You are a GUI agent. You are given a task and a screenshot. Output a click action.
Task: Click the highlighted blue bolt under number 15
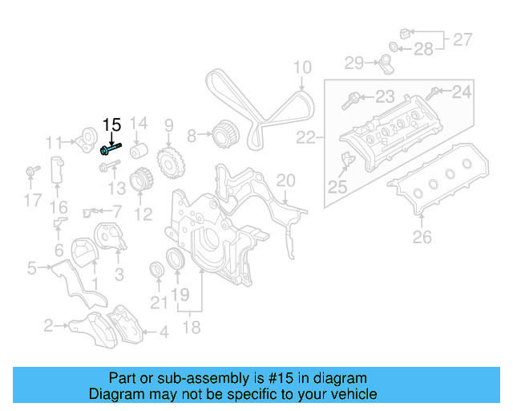point(111,148)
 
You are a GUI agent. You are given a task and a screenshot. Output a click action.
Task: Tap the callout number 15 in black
point(111,124)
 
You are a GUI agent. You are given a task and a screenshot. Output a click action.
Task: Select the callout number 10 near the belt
point(301,67)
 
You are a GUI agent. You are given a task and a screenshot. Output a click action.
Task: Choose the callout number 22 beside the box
point(306,138)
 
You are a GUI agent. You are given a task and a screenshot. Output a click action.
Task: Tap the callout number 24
point(462,92)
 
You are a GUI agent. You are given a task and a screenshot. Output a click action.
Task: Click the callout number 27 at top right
point(463,39)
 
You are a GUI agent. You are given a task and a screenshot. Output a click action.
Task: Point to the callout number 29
point(354,62)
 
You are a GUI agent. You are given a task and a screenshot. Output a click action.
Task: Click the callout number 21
point(160,303)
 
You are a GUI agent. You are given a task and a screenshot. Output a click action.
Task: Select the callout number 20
point(286,182)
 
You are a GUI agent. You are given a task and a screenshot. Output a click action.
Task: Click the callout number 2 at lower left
point(48,325)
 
